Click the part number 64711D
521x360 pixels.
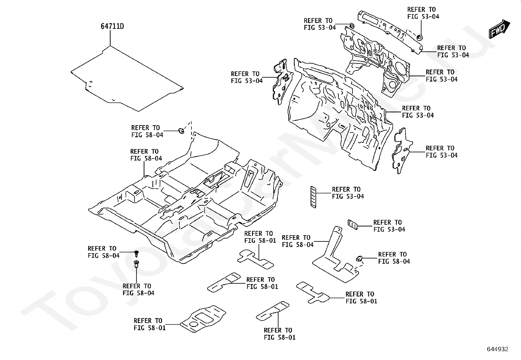[x=112, y=26]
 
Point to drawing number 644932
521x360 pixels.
[x=497, y=349]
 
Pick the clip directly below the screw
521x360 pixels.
[x=136, y=264]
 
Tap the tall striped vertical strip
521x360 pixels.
[x=313, y=197]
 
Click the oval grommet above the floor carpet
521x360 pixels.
[x=180, y=131]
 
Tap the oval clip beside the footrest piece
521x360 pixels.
[x=359, y=258]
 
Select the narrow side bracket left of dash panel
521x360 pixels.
[x=280, y=82]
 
